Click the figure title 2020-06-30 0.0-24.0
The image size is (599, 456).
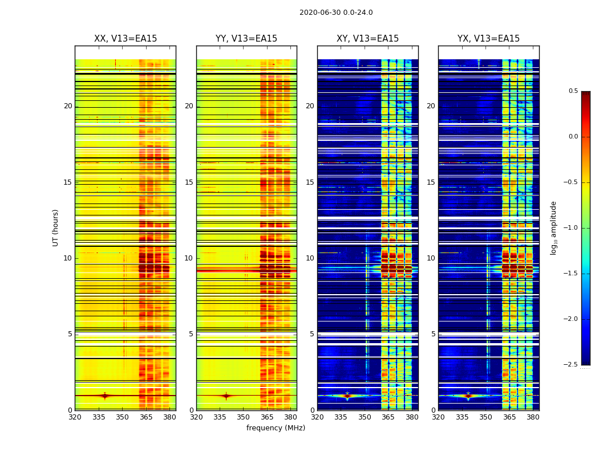tap(336, 13)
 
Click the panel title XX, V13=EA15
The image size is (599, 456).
tap(126, 39)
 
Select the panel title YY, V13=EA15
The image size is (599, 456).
tap(246, 39)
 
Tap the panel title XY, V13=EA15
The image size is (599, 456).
tap(367, 39)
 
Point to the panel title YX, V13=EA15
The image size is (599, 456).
tap(488, 39)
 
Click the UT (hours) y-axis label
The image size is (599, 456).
tap(55, 227)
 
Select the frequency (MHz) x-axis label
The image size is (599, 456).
tap(276, 428)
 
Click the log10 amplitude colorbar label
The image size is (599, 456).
tap(553, 227)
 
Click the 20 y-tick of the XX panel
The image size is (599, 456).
tap(68, 106)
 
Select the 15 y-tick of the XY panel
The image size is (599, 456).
tap(310, 182)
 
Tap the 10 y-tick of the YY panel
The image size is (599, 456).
tap(189, 258)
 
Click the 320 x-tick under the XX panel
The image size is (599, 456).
tap(75, 417)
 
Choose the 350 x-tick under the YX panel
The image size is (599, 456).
tap(485, 417)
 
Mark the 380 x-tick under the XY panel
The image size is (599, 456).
tap(412, 417)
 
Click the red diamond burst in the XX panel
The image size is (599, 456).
tap(104, 396)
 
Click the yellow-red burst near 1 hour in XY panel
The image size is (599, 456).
tap(347, 396)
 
